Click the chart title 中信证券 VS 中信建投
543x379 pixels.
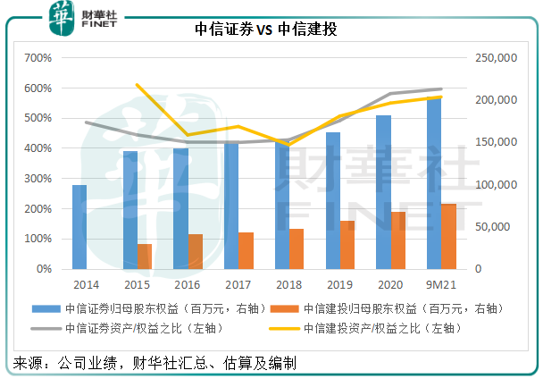tap(271, 29)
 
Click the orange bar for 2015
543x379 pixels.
tap(144, 256)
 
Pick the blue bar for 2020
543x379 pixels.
tap(382, 192)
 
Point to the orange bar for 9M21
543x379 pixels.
tap(448, 236)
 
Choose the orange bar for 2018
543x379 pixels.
tap(296, 248)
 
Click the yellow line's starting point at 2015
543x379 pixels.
tap(137, 85)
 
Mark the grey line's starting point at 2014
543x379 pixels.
tap(87, 122)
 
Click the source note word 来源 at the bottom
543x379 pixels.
tap(27, 362)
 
